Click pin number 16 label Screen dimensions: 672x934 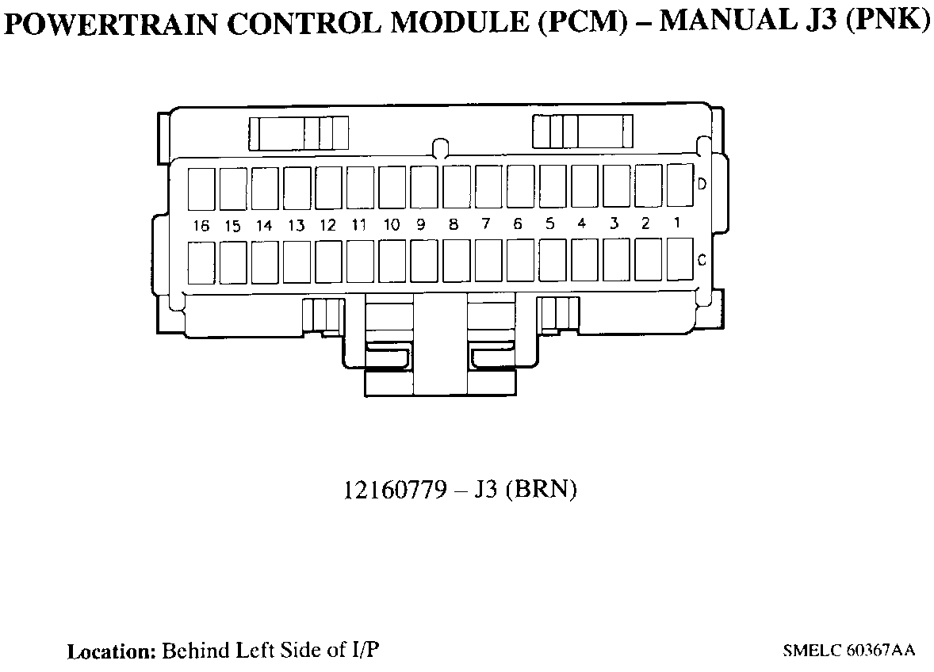pos(201,226)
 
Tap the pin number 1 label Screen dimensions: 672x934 pos(677,223)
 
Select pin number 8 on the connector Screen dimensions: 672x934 pos(454,224)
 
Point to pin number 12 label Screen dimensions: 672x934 pos(327,225)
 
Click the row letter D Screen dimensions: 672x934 pos(702,185)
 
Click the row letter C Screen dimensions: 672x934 pos(702,259)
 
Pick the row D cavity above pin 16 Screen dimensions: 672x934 pos(201,189)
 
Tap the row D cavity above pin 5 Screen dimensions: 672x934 pos(553,186)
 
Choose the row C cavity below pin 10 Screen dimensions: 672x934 pos(392,262)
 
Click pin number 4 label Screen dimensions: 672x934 pos(581,223)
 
